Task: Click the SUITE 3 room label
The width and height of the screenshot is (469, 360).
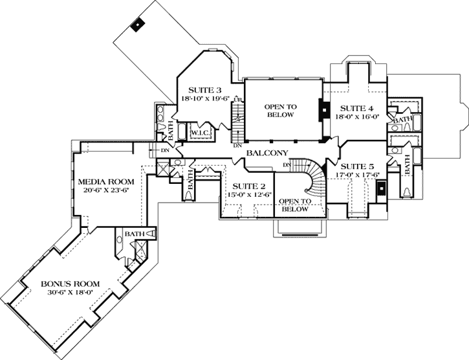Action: coord(206,89)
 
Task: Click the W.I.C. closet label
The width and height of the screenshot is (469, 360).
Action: coord(199,133)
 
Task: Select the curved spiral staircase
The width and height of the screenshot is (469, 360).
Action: coord(314,181)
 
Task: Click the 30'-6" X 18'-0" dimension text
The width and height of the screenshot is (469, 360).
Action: coord(70,293)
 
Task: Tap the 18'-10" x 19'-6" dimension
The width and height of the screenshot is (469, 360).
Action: coord(206,98)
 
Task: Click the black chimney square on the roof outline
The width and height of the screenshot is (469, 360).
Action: coord(136,25)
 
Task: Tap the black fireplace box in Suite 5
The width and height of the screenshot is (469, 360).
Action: coord(382,189)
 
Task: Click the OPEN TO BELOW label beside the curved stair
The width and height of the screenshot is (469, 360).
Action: coord(294,205)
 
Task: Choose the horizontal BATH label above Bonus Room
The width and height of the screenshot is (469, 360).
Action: coord(135,234)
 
